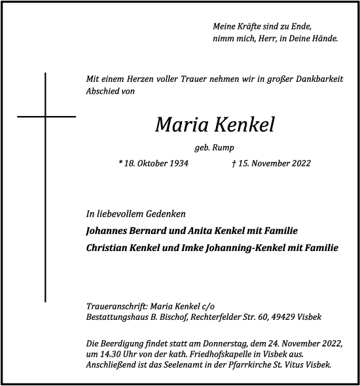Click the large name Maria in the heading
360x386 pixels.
(x=177, y=125)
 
